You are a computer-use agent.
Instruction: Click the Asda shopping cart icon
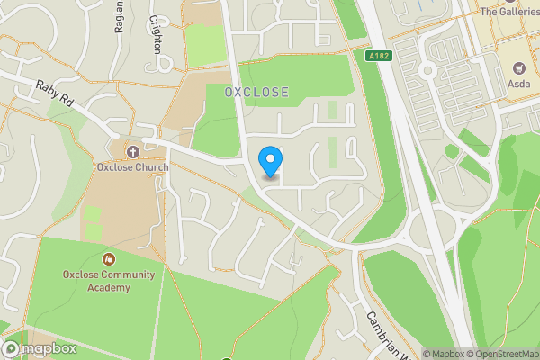point(519,68)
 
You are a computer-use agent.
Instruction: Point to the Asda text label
point(519,85)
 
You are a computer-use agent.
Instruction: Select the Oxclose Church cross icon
point(132,151)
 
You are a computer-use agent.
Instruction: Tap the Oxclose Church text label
point(132,167)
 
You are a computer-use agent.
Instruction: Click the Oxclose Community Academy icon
point(109,259)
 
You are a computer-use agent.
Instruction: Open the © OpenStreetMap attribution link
point(502,354)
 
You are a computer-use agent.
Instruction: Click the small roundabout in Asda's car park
point(428,69)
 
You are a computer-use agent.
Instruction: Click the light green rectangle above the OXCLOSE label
point(204,45)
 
